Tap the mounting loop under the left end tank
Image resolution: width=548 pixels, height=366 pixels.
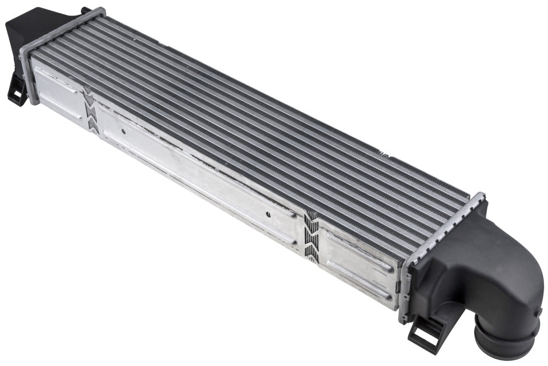[17, 91]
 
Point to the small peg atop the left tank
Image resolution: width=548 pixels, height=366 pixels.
[85, 10]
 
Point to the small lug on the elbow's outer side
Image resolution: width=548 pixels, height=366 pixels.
[539, 312]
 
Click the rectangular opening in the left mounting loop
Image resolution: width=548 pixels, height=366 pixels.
[17, 92]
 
